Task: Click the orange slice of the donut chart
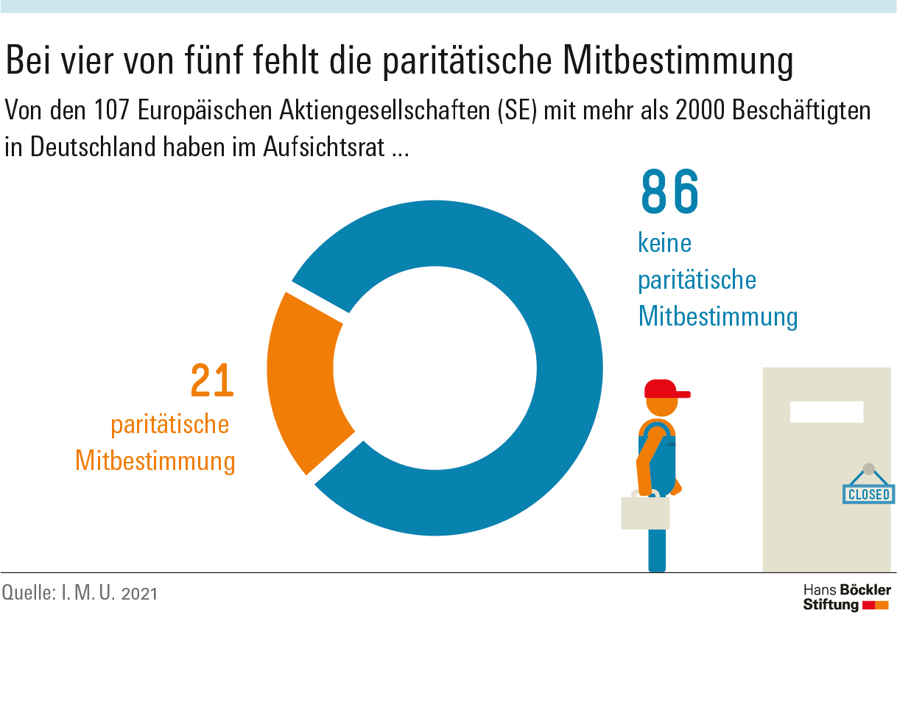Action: pyautogui.click(x=302, y=383)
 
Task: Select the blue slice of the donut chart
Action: pyautogui.click(x=530, y=295)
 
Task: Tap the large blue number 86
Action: pyautogui.click(x=669, y=192)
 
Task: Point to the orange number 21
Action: pyautogui.click(x=212, y=380)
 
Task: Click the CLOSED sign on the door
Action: pyautogui.click(x=869, y=494)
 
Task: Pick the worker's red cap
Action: pyautogui.click(x=663, y=389)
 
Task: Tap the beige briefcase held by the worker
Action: pyautogui.click(x=645, y=513)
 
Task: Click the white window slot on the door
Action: pyautogui.click(x=826, y=412)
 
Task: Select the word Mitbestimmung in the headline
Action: pyautogui.click(x=678, y=62)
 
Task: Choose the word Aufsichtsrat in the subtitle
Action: pyautogui.click(x=323, y=147)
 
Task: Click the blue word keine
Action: pyautogui.click(x=665, y=243)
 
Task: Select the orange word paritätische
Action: pyautogui.click(x=169, y=425)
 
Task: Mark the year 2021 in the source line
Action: pyautogui.click(x=139, y=593)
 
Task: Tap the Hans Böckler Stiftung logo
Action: pyautogui.click(x=846, y=597)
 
